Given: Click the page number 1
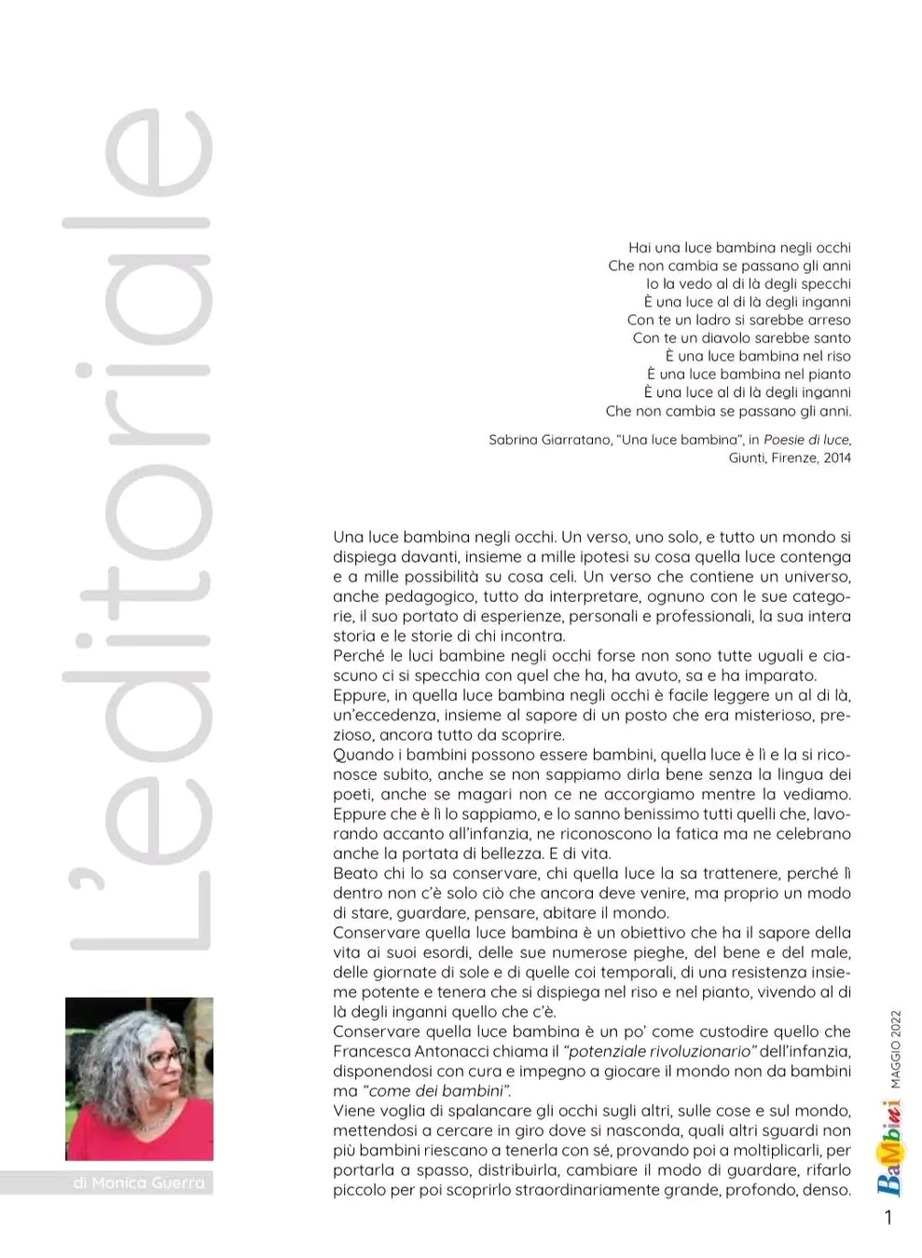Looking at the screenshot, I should [888, 1217].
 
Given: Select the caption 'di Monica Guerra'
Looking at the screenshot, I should [138, 1183].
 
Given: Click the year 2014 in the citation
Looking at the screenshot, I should [836, 458].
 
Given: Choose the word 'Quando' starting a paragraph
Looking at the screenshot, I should [362, 755].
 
